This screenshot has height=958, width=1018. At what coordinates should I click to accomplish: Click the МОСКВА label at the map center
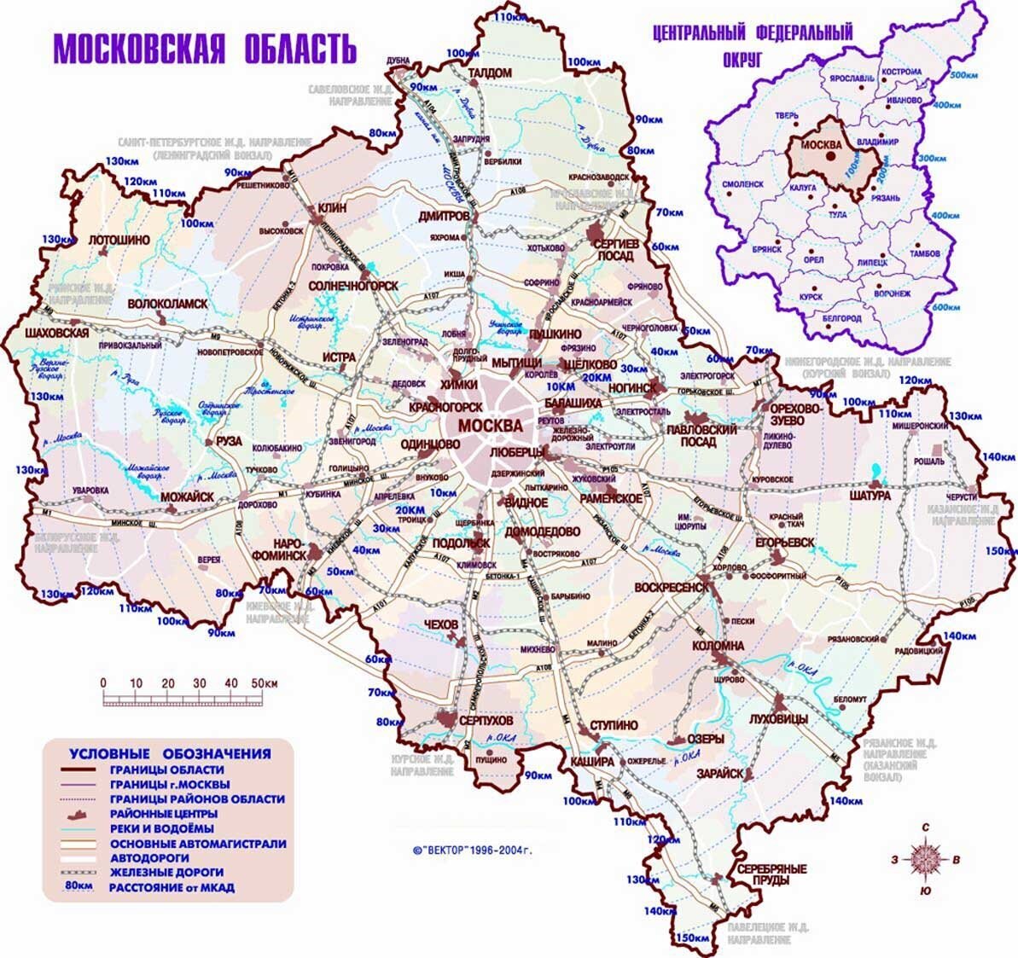click(x=490, y=425)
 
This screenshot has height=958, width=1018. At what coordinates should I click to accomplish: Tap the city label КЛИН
click(x=330, y=208)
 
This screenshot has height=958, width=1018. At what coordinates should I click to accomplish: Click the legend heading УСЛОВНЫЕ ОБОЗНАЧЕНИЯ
click(x=170, y=753)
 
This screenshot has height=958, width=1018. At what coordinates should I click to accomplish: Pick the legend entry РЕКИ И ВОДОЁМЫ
click(x=161, y=828)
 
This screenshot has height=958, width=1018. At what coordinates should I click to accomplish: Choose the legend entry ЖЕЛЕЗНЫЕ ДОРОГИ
click(x=166, y=872)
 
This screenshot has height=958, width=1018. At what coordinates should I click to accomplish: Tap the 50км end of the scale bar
click(x=264, y=683)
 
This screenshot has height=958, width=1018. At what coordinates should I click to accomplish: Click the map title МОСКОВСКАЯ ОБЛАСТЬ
click(x=205, y=49)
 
